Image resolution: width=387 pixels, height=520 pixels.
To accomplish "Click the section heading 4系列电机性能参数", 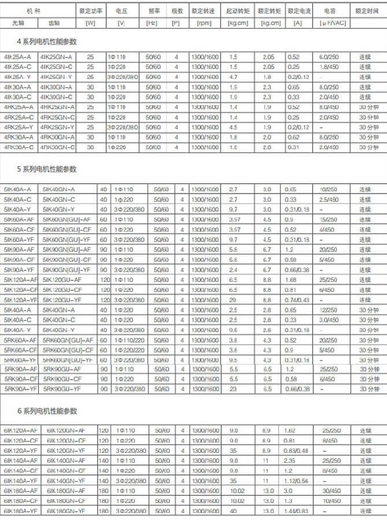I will point(48,42).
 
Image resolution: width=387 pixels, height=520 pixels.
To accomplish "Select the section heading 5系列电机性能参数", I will point(48,169).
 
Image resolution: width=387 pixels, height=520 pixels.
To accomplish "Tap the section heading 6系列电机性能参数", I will point(48,411).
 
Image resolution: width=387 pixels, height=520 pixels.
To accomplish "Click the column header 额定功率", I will point(90,11).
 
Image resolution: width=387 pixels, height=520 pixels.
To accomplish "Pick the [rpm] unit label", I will point(204,23).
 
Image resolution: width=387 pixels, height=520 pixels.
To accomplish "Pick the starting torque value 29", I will point(233,299).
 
